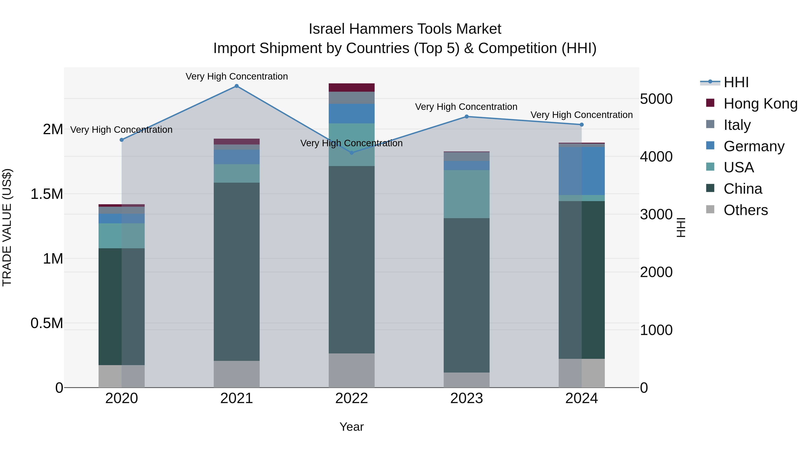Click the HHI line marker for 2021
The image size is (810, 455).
tap(236, 86)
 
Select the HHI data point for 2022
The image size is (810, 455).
tap(351, 153)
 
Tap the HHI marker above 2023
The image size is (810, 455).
tap(467, 116)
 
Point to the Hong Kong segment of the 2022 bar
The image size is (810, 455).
tap(351, 88)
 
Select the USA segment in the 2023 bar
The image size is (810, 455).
tap(467, 194)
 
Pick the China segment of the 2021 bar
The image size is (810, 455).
tap(236, 272)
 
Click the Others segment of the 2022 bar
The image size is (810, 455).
tap(351, 370)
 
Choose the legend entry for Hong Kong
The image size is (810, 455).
tap(760, 104)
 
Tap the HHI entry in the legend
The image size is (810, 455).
tap(736, 82)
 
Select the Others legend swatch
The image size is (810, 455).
tap(710, 209)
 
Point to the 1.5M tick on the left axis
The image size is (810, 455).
tap(47, 194)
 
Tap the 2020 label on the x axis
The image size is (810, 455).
tap(122, 398)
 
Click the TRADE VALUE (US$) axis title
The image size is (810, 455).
tap(7, 227)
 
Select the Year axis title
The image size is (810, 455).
tap(351, 427)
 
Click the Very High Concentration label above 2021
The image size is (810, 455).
tap(236, 76)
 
